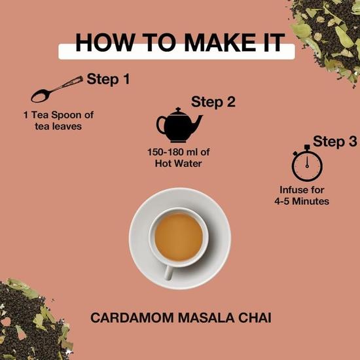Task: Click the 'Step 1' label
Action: [x=108, y=80]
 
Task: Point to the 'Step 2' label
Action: [x=213, y=101]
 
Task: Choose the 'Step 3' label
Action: [x=334, y=141]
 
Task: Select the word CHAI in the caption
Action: [x=252, y=319]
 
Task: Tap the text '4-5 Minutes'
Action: [x=301, y=202]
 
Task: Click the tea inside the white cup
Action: [x=179, y=236]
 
